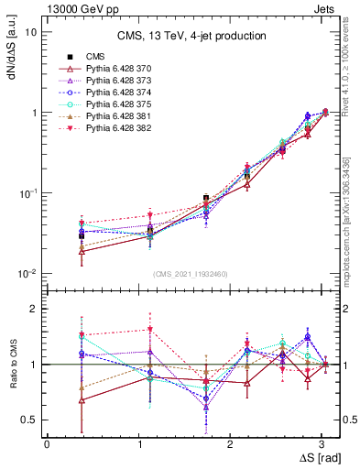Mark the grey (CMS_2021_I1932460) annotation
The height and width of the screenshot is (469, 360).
(191, 274)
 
